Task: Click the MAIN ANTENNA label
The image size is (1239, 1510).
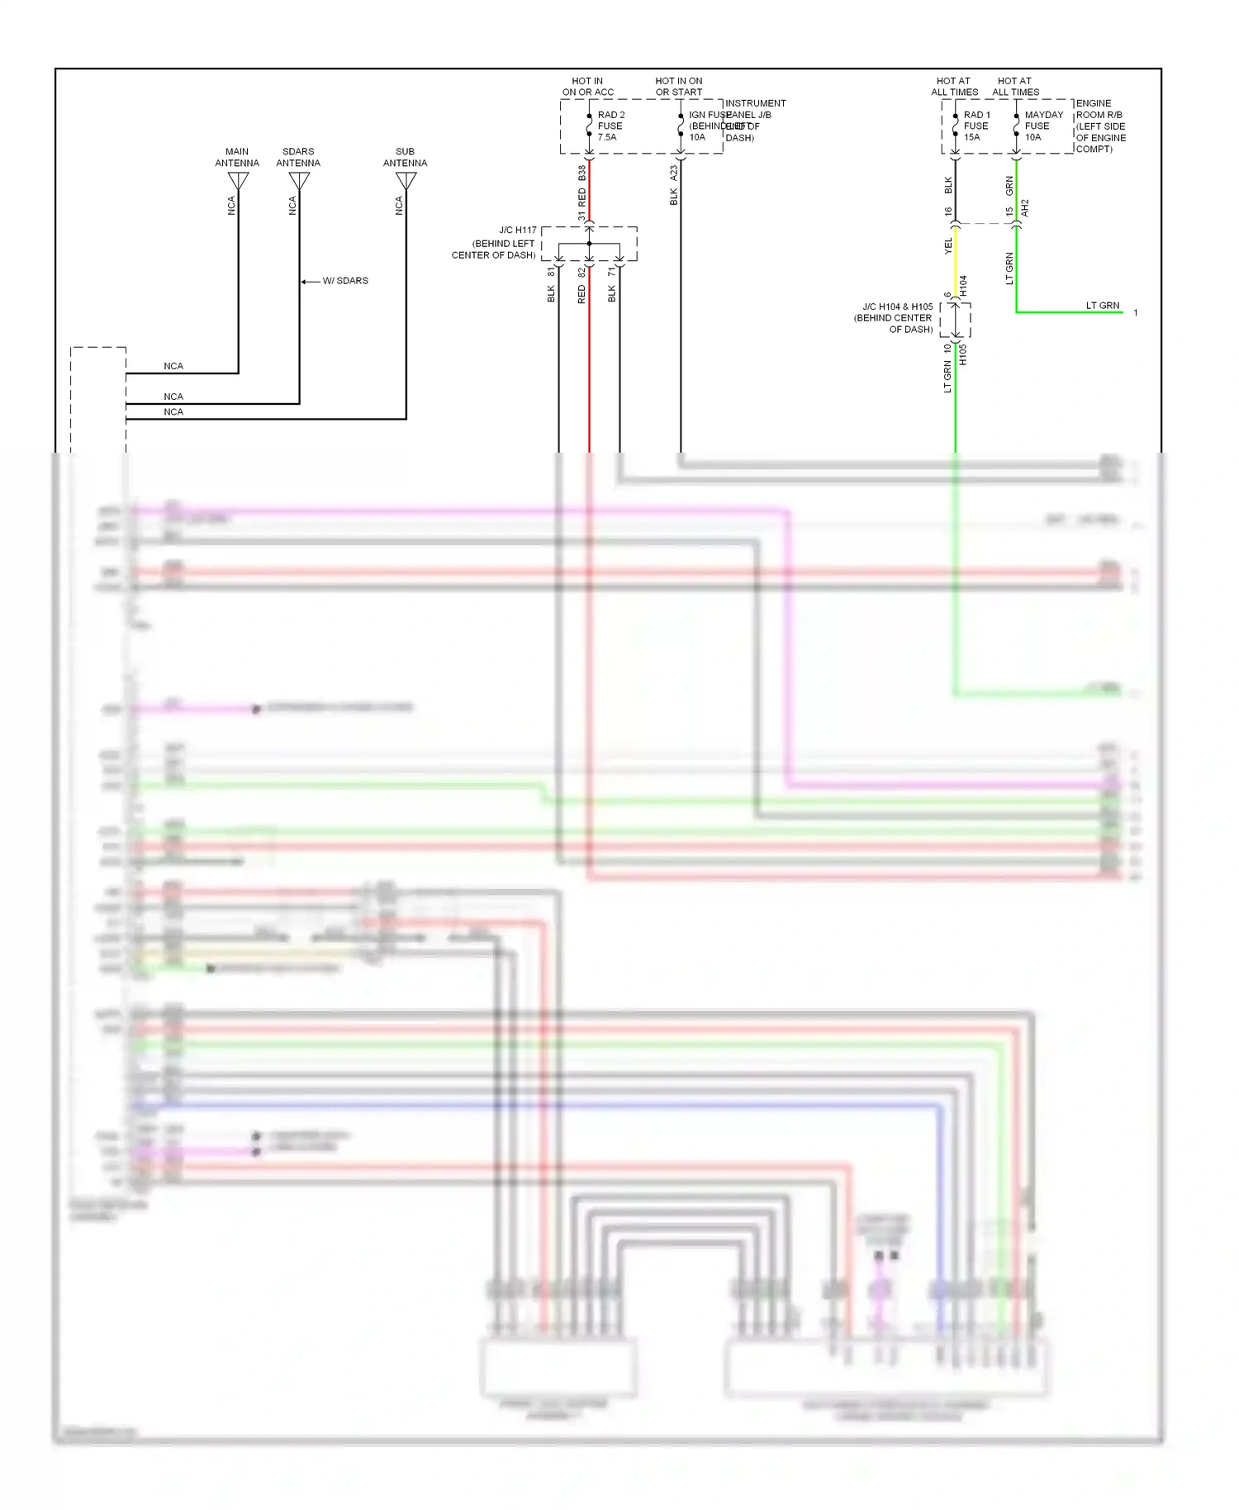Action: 237,157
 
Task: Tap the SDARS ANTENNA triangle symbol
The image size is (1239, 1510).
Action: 299,180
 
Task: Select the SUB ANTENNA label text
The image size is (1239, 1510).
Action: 405,157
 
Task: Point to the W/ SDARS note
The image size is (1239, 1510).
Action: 344,281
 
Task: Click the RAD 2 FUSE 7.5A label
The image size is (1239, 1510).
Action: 611,126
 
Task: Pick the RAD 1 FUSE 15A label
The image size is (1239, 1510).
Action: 976,126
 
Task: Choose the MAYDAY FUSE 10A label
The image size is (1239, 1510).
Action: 1044,126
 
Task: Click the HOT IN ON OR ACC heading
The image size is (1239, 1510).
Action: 587,87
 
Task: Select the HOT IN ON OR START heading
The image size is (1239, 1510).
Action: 679,87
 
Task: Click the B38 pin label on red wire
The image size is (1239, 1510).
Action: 582,173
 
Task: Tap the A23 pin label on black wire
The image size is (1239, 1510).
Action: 673,173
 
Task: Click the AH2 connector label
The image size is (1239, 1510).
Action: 1025,208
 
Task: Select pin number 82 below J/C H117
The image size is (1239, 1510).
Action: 582,272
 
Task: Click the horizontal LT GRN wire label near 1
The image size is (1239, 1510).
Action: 1102,306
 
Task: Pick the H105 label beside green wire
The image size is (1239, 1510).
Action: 963,354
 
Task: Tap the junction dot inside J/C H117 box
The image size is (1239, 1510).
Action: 589,244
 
